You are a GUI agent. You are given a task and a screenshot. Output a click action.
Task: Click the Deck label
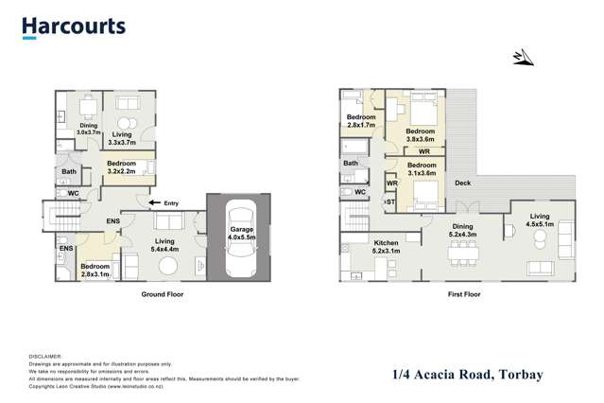463,183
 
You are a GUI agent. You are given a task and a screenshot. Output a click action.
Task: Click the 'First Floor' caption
464,294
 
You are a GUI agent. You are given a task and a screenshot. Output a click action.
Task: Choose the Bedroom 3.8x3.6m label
421,134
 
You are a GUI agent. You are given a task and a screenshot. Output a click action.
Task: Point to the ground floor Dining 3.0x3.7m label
87,129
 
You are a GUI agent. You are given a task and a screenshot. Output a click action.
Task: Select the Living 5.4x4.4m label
166,245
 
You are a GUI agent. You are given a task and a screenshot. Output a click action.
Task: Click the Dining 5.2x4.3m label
462,230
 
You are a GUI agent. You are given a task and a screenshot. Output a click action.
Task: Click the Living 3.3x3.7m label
122,138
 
